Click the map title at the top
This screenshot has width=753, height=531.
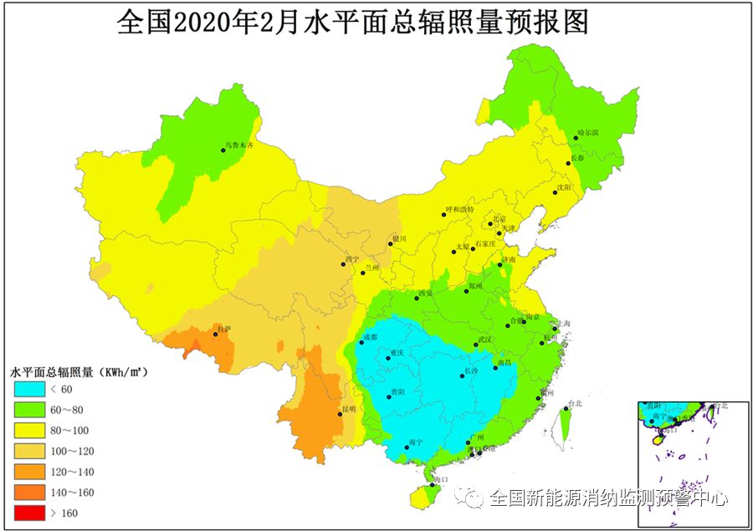pos(352,23)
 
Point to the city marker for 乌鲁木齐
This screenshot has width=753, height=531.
pos(223,151)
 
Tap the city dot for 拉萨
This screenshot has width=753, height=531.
pos(216,334)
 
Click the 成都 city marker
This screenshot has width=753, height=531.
pos(362,342)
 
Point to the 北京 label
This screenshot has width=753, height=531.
pos(499,219)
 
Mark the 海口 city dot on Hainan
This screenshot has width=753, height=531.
pos(432,484)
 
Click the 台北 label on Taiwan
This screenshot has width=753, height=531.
pos(574,404)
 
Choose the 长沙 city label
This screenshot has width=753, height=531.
pos(472,370)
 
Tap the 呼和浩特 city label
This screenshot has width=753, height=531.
pos(459,209)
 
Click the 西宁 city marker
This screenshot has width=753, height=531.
pos(344,265)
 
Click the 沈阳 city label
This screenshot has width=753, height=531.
pos(565,187)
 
